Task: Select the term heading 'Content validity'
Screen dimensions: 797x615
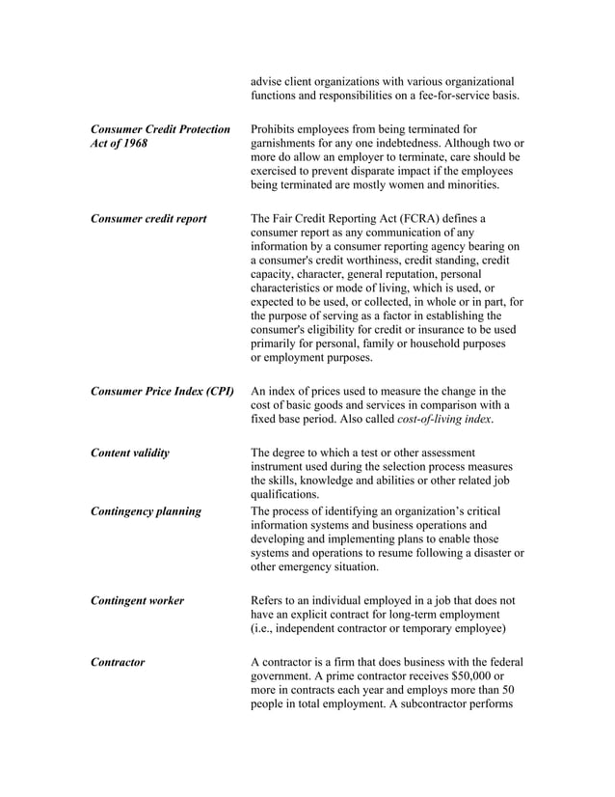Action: tap(129, 453)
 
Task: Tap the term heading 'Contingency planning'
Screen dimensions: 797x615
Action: tap(145, 511)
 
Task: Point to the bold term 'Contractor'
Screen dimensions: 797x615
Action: tap(118, 662)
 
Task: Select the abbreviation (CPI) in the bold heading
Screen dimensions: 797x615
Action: tap(215, 392)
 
